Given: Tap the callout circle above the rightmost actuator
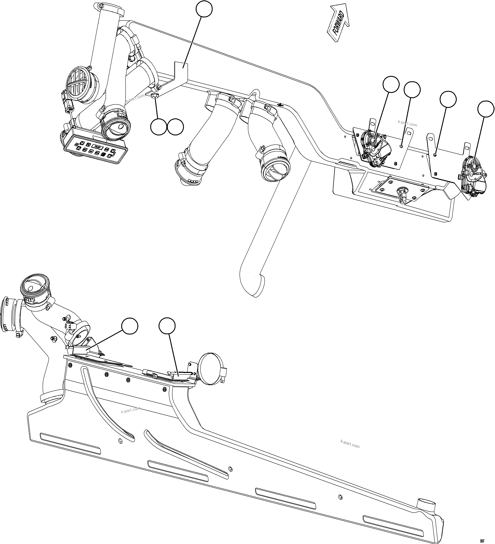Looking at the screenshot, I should (x=486, y=109).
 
